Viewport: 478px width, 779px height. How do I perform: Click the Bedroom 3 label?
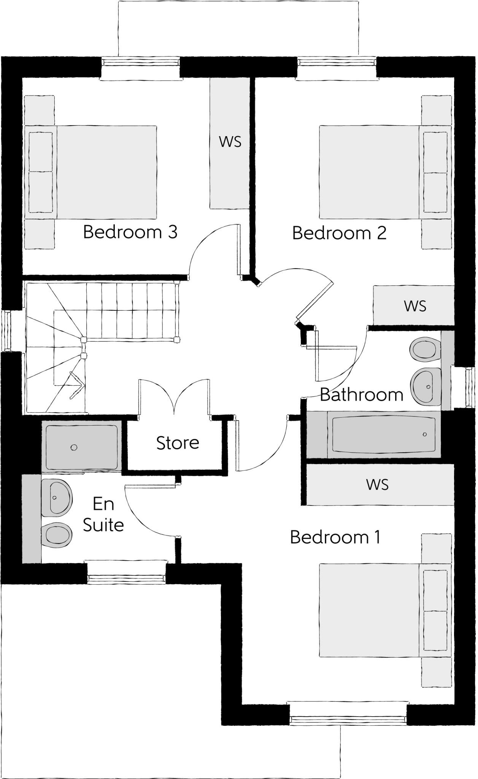130,232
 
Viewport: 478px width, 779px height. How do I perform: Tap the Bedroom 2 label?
339,233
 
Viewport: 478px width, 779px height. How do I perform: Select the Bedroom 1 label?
335,537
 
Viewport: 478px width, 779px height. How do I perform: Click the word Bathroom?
361,395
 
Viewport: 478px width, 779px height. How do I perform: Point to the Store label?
178,443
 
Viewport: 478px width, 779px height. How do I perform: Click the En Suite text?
103,515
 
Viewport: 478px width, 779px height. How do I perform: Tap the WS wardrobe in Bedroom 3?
230,142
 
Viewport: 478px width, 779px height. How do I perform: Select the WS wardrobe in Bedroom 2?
414,306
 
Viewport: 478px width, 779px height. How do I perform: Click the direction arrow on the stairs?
76,385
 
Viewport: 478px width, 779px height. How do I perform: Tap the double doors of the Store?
174,397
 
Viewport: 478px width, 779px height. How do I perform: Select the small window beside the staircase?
7,331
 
